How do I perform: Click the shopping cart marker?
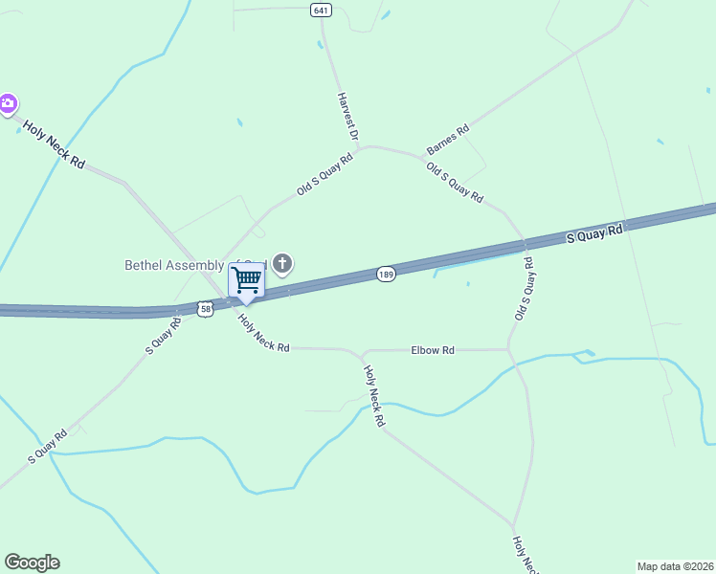coord(246,280)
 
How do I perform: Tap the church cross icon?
coord(282,263)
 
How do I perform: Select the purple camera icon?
coord(8,103)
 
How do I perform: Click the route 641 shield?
coord(321,10)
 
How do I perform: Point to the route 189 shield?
coord(386,274)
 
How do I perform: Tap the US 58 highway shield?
coord(205,308)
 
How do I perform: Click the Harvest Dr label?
coord(347,118)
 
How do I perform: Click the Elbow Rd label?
coord(433,350)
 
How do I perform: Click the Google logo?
coord(32,563)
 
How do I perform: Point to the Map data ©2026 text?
coord(675,565)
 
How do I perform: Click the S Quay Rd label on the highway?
coord(594,232)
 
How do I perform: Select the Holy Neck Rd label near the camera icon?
coord(55,145)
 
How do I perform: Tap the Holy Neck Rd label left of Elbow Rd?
coord(263,334)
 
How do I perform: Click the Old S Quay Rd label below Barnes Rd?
coord(454,182)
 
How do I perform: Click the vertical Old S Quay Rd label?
coord(523,288)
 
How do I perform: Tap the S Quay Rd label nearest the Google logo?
coord(47,447)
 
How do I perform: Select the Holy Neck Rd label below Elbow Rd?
coord(373,396)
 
